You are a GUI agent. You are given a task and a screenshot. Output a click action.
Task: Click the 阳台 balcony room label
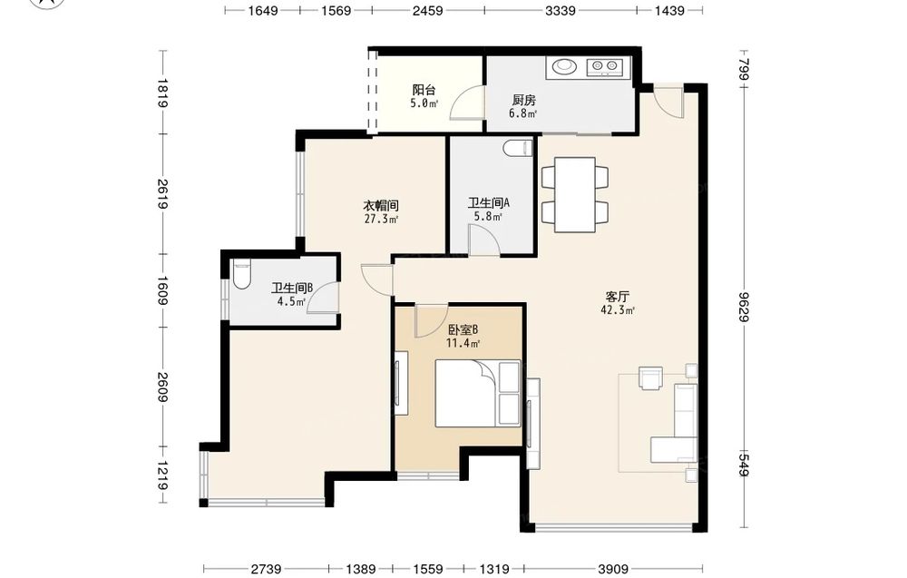coord(424,90)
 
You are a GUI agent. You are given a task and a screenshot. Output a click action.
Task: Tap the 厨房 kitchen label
coord(524,100)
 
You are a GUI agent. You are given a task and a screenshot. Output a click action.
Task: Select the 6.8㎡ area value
coord(523,113)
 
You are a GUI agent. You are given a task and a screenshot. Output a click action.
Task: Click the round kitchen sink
coord(563,67)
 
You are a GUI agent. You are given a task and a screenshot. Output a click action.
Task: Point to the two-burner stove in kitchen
coord(604,68)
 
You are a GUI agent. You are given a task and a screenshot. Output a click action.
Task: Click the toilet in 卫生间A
coord(518,149)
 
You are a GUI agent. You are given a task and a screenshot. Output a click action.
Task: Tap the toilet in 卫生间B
coord(242,274)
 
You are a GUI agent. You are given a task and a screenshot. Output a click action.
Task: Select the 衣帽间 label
coord(381,205)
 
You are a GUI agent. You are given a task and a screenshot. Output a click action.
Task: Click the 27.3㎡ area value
coord(381,220)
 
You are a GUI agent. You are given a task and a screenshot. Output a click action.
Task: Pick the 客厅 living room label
coord(617,297)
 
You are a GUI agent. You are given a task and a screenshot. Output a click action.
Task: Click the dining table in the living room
coord(575,194)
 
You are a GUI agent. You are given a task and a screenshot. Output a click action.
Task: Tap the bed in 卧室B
coord(478,394)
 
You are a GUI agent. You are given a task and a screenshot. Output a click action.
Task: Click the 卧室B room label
coord(463,329)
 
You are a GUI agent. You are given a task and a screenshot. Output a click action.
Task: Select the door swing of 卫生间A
coord(483,240)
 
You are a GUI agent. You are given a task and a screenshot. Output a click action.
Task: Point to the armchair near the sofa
coord(650,377)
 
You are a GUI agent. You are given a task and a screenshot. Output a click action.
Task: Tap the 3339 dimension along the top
coord(560,10)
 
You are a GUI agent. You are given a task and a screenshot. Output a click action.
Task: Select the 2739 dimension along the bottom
coord(266,569)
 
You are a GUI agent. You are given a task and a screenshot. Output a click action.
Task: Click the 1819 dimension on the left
coord(162,93)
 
